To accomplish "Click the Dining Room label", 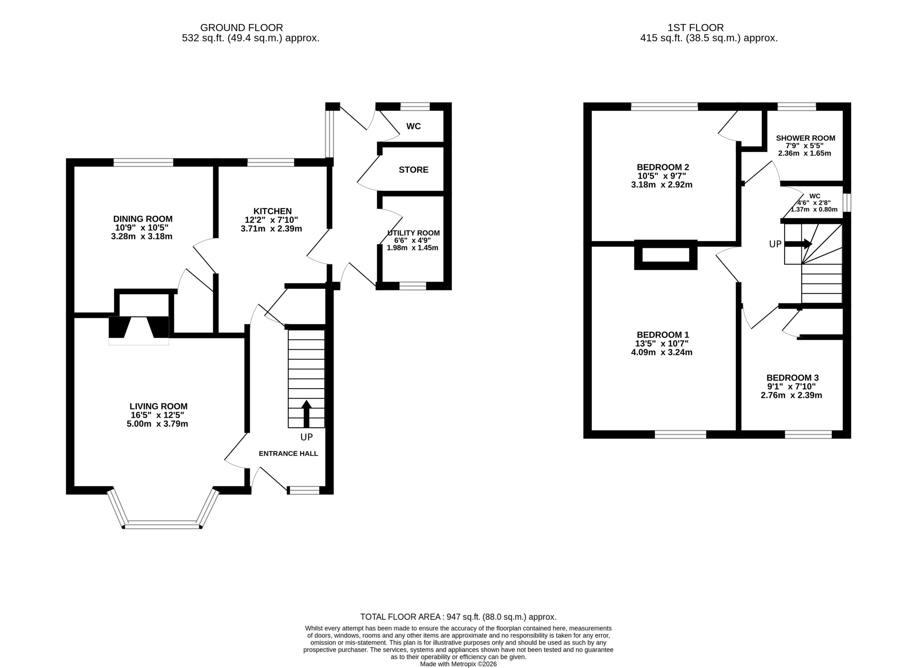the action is click(x=143, y=219).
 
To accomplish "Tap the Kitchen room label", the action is click(x=273, y=211).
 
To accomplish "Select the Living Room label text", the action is click(x=159, y=406).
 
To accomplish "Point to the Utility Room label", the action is click(x=413, y=233).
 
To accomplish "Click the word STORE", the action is click(x=413, y=170).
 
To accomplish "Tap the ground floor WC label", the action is click(x=413, y=127).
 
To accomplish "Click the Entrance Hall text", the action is click(x=288, y=454).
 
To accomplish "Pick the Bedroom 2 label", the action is click(x=663, y=167).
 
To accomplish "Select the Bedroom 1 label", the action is click(x=663, y=335).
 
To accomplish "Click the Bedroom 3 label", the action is click(x=792, y=378).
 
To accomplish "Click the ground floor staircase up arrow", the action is click(x=307, y=414).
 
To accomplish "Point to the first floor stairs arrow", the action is click(x=798, y=244).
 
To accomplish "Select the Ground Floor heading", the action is click(x=241, y=28).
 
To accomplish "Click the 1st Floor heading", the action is click(x=696, y=28).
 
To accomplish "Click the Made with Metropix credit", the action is click(x=458, y=664).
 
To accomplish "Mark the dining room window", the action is click(x=143, y=162).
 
